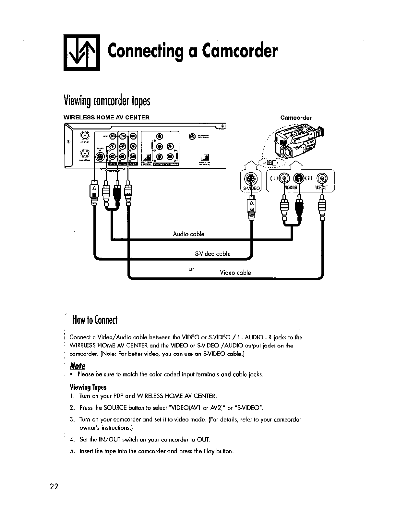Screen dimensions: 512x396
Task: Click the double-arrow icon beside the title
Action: (x=82, y=53)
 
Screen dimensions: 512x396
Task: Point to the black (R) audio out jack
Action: (x=298, y=178)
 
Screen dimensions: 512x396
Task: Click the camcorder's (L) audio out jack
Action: (x=284, y=178)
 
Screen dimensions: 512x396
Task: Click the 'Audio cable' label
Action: (x=188, y=234)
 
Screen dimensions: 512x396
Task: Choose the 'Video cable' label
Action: (x=235, y=273)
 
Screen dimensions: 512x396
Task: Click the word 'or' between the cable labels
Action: (x=191, y=269)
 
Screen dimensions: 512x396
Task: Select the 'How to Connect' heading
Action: (x=94, y=321)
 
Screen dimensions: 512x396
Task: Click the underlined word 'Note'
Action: (x=78, y=366)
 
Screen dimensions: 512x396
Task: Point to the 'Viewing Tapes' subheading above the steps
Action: (x=88, y=387)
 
